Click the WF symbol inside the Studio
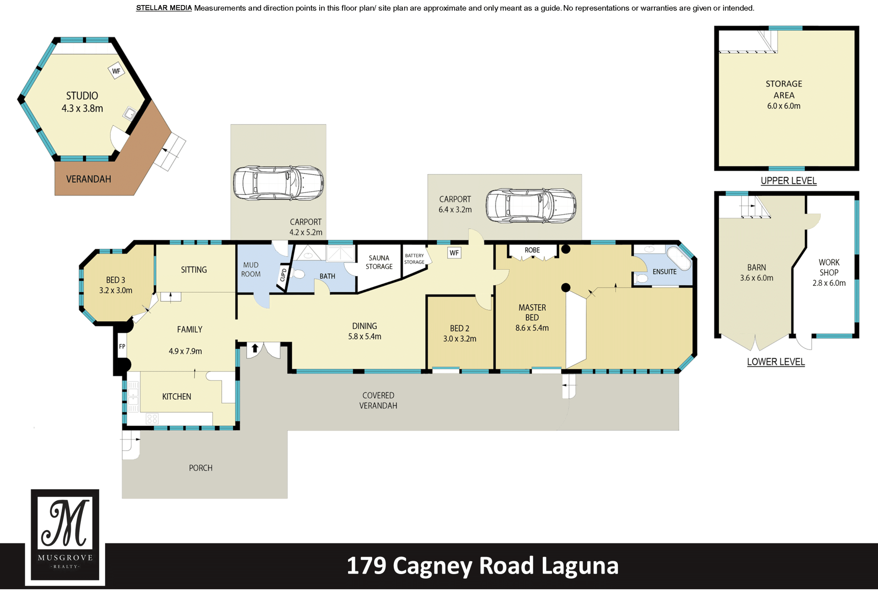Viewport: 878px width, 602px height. tap(116, 71)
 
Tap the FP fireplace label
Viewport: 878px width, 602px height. tap(122, 347)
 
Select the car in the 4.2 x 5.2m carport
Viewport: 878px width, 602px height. tap(278, 183)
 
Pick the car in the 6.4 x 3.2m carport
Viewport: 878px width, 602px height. tap(531, 206)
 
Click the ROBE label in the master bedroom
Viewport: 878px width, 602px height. tap(532, 250)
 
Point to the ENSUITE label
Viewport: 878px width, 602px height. tap(664, 271)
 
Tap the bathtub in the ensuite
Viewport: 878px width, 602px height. tap(679, 259)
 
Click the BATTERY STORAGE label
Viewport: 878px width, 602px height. tap(414, 259)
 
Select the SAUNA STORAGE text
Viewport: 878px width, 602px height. tap(379, 262)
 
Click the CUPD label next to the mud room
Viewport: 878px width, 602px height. tap(283, 275)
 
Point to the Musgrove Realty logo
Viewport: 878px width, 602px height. tap(65, 537)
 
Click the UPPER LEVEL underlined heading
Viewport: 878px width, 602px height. tap(788, 181)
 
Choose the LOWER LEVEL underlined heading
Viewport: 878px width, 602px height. tap(776, 362)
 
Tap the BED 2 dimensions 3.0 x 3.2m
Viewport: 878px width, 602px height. tap(460, 339)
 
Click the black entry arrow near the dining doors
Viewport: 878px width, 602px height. tap(255, 348)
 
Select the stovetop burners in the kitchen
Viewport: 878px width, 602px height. tap(152, 418)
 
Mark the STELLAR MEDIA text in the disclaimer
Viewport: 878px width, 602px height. tap(164, 8)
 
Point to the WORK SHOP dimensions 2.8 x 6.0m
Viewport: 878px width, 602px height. tap(829, 283)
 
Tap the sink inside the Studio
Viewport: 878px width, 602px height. tap(129, 114)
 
